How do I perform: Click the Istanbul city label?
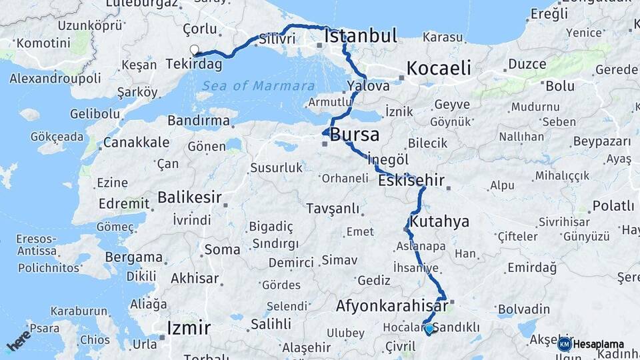coord(361,35)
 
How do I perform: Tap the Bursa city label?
coord(355,135)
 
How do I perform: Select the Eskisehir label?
coord(411,181)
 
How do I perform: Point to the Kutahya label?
coord(440,221)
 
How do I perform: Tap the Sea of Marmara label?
coord(258,86)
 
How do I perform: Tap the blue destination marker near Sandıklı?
coord(428,328)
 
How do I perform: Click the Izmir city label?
coord(189,328)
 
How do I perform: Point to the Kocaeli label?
coord(438,68)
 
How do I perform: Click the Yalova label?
coord(368,86)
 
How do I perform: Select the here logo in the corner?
coord(19,340)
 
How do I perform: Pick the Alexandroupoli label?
coord(55,78)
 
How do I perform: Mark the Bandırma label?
coord(199,121)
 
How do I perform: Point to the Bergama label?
coord(134,257)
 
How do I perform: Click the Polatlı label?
coord(613,206)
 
